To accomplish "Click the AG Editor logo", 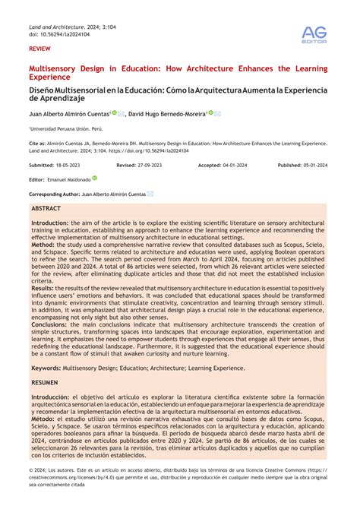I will tap(314, 35).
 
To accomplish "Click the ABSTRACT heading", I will tap(47, 207).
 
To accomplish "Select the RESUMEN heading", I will tap(45, 383).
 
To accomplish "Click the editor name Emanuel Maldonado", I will tap(69, 179).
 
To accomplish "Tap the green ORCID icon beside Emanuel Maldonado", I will tap(95, 179).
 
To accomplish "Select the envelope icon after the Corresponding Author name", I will tap(150, 194).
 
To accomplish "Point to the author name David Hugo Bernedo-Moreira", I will tap(166, 114).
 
